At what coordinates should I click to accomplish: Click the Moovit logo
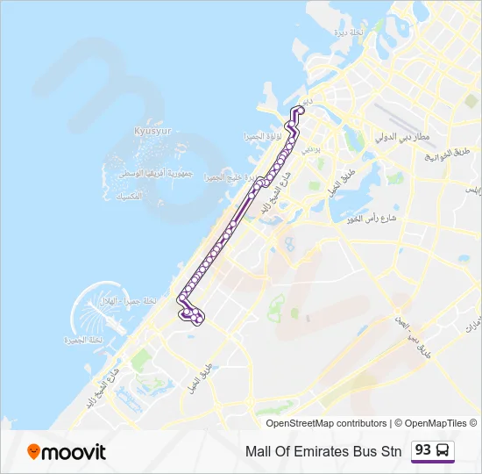pyautogui.click(x=67, y=452)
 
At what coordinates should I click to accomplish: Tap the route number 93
pyautogui.click(x=423, y=450)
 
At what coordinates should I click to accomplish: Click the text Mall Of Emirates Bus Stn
pyautogui.click(x=323, y=451)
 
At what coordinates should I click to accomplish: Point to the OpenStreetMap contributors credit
pyautogui.click(x=326, y=423)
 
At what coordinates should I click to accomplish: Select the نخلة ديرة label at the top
pyautogui.click(x=349, y=32)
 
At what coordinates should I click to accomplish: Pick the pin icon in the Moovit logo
pyautogui.click(x=34, y=452)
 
